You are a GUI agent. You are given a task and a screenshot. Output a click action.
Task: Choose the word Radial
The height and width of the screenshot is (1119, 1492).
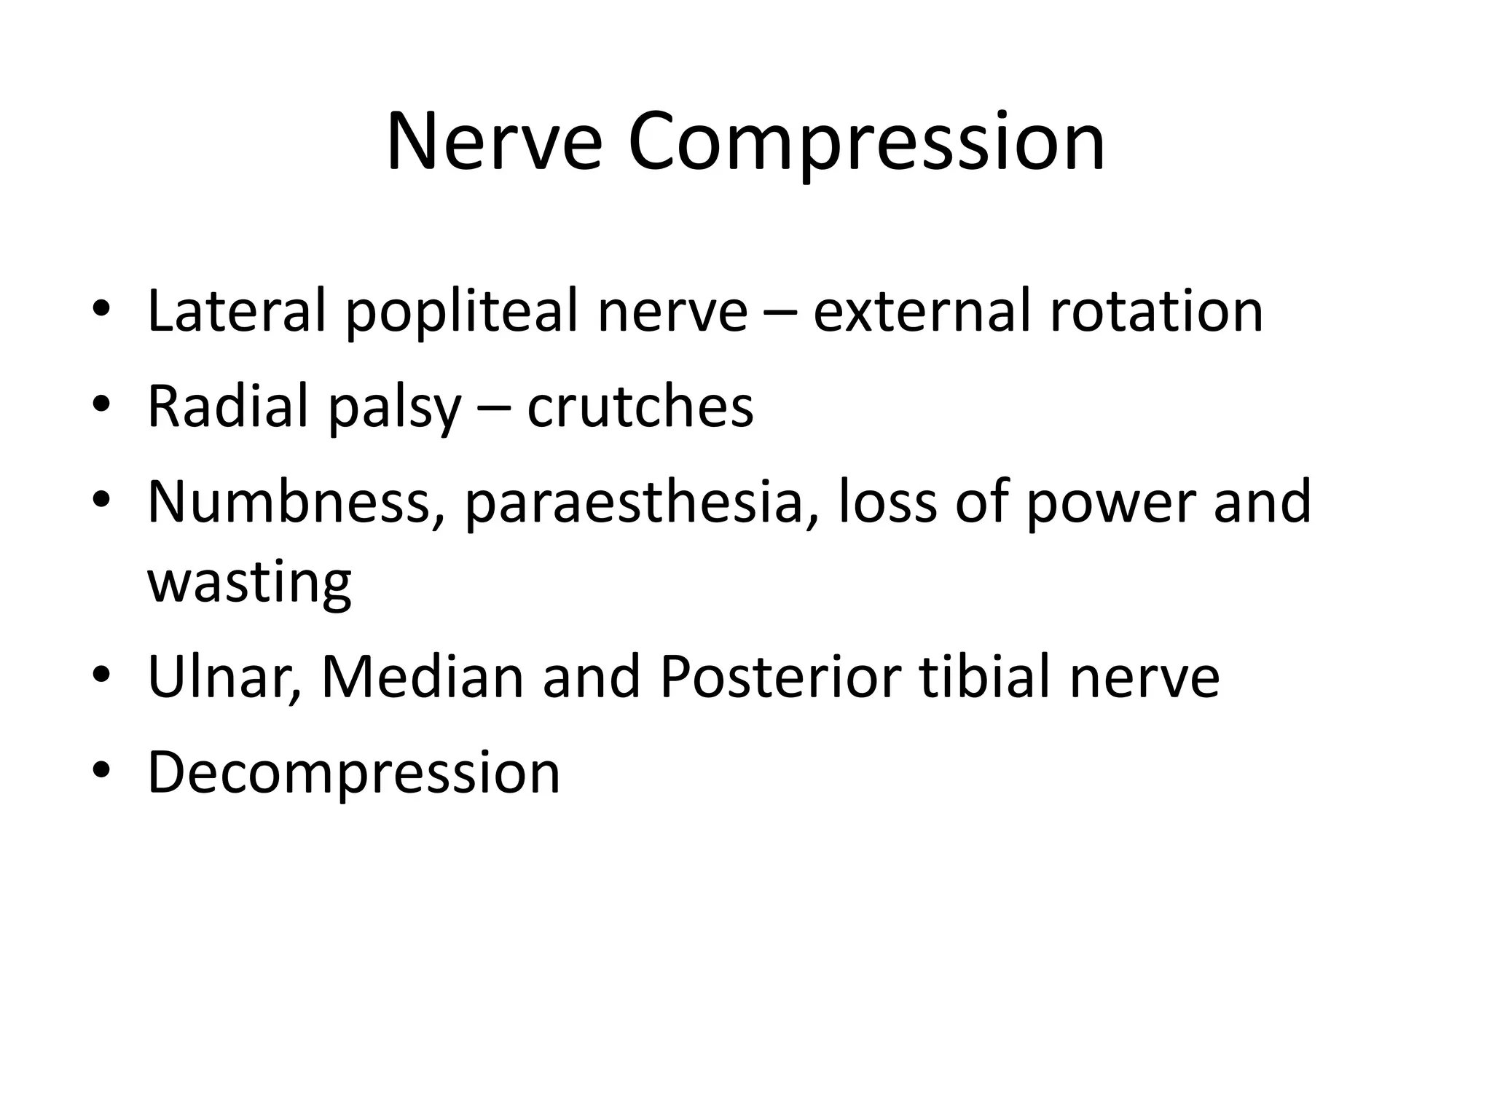pyautogui.click(x=227, y=407)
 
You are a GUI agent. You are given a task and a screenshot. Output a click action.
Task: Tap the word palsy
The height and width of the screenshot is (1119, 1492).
pyautogui.click(x=394, y=407)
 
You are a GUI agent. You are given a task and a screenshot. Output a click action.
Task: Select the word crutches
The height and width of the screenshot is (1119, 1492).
pyautogui.click(x=640, y=407)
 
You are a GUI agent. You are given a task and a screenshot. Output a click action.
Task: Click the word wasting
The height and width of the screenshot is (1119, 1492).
pyautogui.click(x=249, y=583)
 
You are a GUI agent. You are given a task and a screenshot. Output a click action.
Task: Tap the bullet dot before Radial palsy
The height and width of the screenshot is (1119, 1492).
pyautogui.click(x=101, y=404)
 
